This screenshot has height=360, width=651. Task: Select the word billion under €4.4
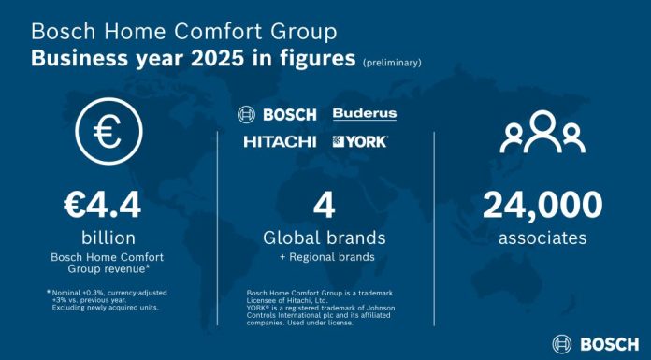pyautogui.click(x=108, y=238)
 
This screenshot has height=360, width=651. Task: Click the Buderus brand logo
pyautogui.click(x=365, y=114)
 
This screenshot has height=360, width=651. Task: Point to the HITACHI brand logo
pyautogui.click(x=281, y=141)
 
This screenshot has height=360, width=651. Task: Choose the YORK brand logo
pyautogui.click(x=360, y=141)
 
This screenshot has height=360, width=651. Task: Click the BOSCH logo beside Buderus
pyautogui.click(x=281, y=114)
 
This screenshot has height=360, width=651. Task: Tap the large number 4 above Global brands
pyautogui.click(x=325, y=204)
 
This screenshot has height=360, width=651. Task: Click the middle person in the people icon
pyautogui.click(x=542, y=134)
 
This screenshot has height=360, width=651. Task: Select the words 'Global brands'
pyautogui.click(x=325, y=238)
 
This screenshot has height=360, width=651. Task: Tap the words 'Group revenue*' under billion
pyautogui.click(x=108, y=268)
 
